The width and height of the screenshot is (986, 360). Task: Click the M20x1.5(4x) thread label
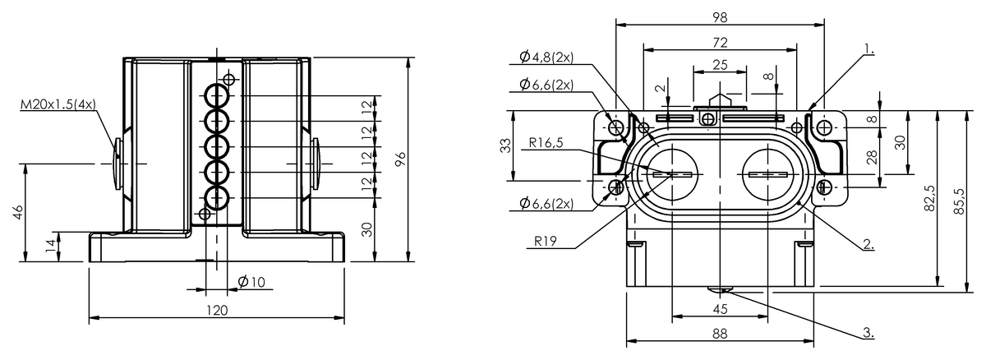pos(58,104)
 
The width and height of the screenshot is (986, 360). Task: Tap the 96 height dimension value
pos(400,159)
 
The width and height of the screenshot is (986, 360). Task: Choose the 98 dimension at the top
pos(719,16)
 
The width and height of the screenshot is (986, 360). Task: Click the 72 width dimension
pos(719,41)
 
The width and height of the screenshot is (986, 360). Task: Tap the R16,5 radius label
pos(546,142)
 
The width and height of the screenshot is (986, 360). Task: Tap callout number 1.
pos(869,50)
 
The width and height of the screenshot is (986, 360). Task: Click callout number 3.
pos(869,333)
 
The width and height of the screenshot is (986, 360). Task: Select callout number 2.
pos(869,244)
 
